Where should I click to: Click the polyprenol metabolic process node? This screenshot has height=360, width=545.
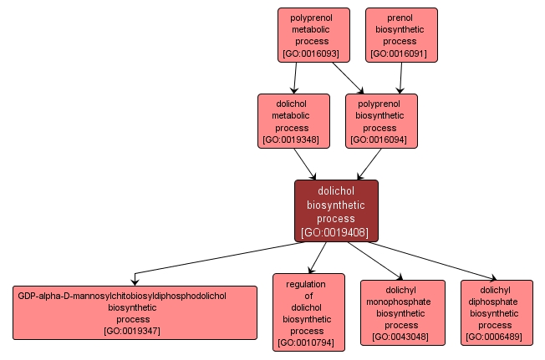pyautogui.click(x=310, y=35)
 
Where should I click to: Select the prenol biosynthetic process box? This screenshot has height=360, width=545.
pyautogui.click(x=401, y=35)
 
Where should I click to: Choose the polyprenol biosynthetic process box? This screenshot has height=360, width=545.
pyautogui.click(x=381, y=121)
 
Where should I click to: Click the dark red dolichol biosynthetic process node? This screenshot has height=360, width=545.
pyautogui.click(x=336, y=210)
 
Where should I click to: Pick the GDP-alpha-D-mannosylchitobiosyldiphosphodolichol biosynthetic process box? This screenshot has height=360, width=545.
pyautogui.click(x=134, y=312)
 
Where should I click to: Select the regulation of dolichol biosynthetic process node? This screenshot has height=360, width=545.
pyautogui.click(x=308, y=312)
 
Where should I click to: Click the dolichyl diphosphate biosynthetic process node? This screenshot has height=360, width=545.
pyautogui.click(x=496, y=312)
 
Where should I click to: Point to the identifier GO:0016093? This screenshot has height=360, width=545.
pyautogui.click(x=310, y=54)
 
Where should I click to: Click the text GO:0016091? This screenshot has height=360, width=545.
pyautogui.click(x=401, y=54)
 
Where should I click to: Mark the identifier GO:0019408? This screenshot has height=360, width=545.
pyautogui.click(x=336, y=232)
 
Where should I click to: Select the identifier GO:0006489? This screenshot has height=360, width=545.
pyautogui.click(x=496, y=337)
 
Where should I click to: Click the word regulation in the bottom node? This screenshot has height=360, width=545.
pyautogui.click(x=306, y=284)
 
